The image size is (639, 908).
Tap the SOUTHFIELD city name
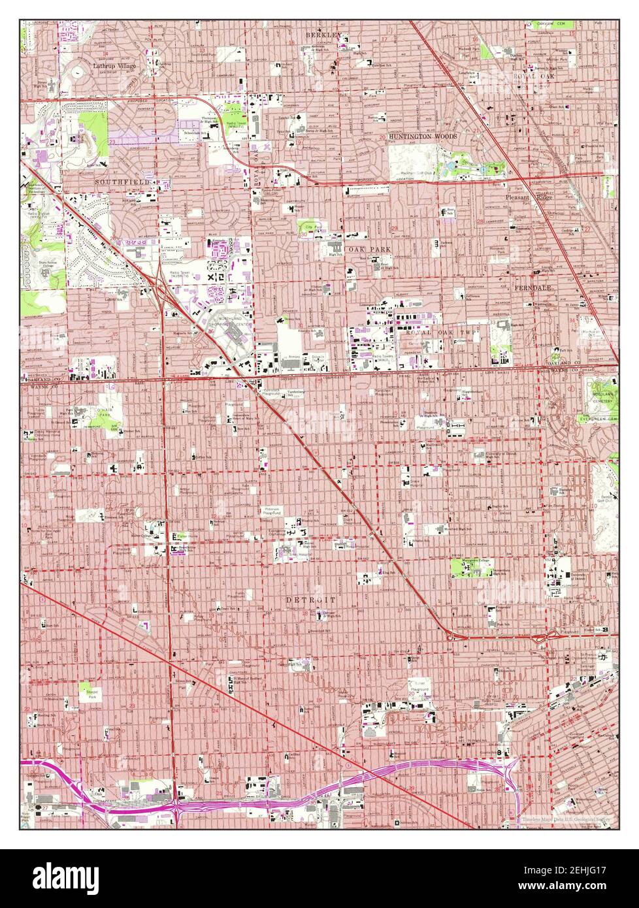click(123, 181)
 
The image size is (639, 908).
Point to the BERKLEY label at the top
click(324, 34)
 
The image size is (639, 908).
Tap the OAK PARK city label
click(363, 250)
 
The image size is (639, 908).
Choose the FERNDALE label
click(532, 287)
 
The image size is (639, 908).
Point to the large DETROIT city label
click(310, 599)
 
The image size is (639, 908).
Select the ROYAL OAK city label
click(533, 77)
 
